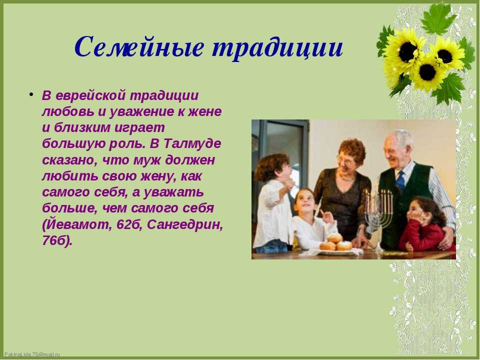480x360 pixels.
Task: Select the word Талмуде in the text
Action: [x=192, y=143]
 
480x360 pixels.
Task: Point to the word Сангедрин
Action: [x=185, y=224]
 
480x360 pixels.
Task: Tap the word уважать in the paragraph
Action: [x=173, y=192]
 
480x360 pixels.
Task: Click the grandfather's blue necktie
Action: [x=400, y=181]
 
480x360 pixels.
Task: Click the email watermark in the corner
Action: [x=32, y=354]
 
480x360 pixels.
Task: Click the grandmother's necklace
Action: [x=347, y=177]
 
